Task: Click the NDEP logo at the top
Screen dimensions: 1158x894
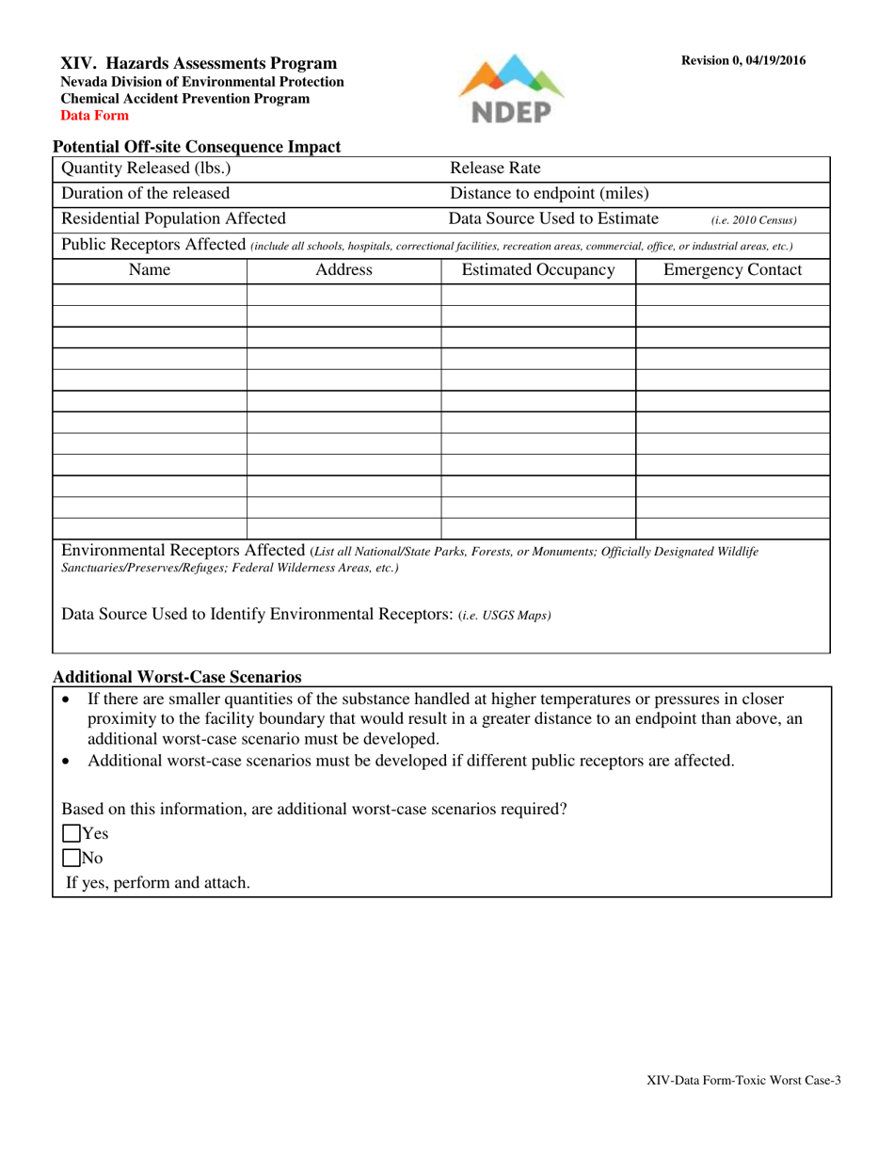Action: coord(511,90)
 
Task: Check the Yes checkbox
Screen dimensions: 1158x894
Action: coord(72,833)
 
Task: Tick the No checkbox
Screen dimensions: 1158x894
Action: coord(72,858)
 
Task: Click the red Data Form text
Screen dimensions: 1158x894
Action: coord(95,116)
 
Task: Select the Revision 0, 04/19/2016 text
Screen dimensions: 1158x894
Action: coord(743,61)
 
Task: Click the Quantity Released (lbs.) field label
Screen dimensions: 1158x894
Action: coord(146,169)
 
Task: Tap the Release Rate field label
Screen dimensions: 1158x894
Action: coord(495,169)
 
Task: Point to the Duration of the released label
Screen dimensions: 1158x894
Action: coord(145,194)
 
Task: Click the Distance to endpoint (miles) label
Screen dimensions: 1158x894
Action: coord(550,194)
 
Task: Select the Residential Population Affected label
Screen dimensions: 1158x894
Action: coord(173,219)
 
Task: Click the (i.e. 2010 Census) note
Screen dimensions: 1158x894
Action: coord(754,221)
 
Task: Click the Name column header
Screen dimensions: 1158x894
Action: coord(149,271)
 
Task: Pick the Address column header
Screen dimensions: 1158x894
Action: coord(343,271)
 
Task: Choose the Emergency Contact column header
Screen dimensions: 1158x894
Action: coord(733,271)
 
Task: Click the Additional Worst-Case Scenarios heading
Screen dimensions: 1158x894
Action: coord(177,677)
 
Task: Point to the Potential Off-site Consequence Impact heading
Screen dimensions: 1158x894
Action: coord(197,147)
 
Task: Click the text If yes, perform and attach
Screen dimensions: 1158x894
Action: coord(157,883)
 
